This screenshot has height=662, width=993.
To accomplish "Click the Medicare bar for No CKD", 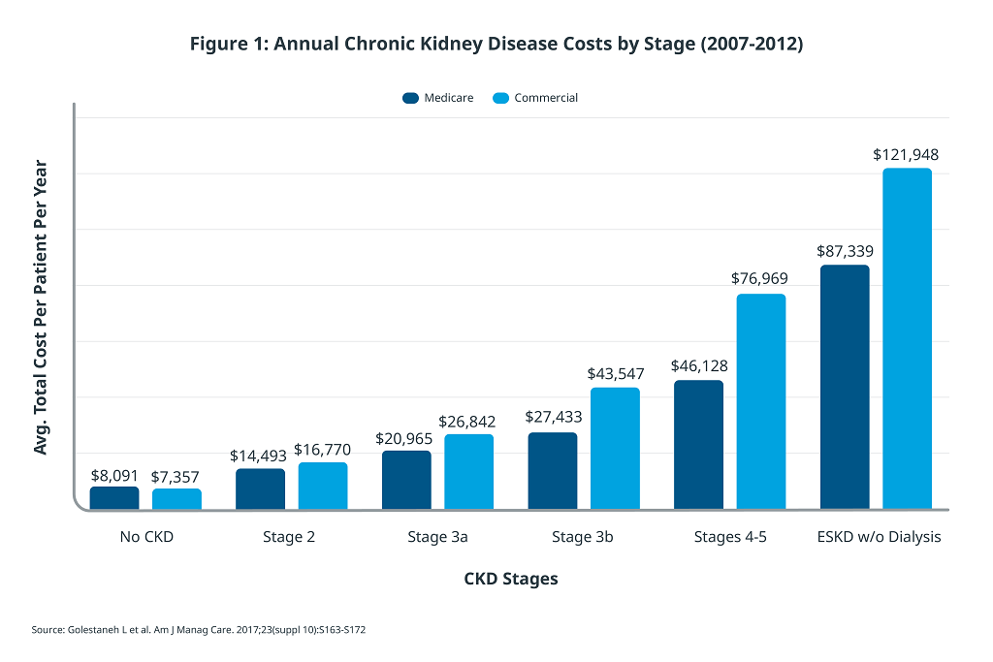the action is coord(114,497).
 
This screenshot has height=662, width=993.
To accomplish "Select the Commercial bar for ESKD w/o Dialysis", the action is coord(907,338).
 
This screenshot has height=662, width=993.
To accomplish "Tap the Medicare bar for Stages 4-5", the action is coord(698,444).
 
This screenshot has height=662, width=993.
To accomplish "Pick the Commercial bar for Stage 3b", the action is coord(615,448).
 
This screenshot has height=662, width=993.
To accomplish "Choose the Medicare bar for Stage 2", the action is coord(260,489).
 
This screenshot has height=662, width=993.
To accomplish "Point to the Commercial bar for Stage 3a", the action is coord(468,471).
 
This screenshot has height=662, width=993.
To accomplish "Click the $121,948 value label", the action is coord(906,155).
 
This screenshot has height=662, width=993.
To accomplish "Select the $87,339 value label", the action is coord(845,251).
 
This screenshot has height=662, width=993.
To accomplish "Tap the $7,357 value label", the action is coord(175,477).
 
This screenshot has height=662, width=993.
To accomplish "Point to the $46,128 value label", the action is coord(699,365).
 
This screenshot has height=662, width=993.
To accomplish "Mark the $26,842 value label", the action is coord(466,422).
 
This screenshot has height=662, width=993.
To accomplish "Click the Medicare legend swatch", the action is coord(410,98).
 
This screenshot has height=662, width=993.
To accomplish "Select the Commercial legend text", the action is coord(546,98).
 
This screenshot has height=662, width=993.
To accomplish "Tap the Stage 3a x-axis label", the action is coord(437,537).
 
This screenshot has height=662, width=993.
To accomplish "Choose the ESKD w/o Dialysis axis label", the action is coord(879,537).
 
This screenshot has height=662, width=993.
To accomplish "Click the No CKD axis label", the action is coord(146,537).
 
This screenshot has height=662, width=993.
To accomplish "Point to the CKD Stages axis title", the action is coord(511,579).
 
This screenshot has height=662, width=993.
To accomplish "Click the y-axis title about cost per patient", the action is coord(41,307).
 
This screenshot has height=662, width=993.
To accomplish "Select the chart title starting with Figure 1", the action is coord(496,44).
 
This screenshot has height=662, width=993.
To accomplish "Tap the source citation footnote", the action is coord(198,630).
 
